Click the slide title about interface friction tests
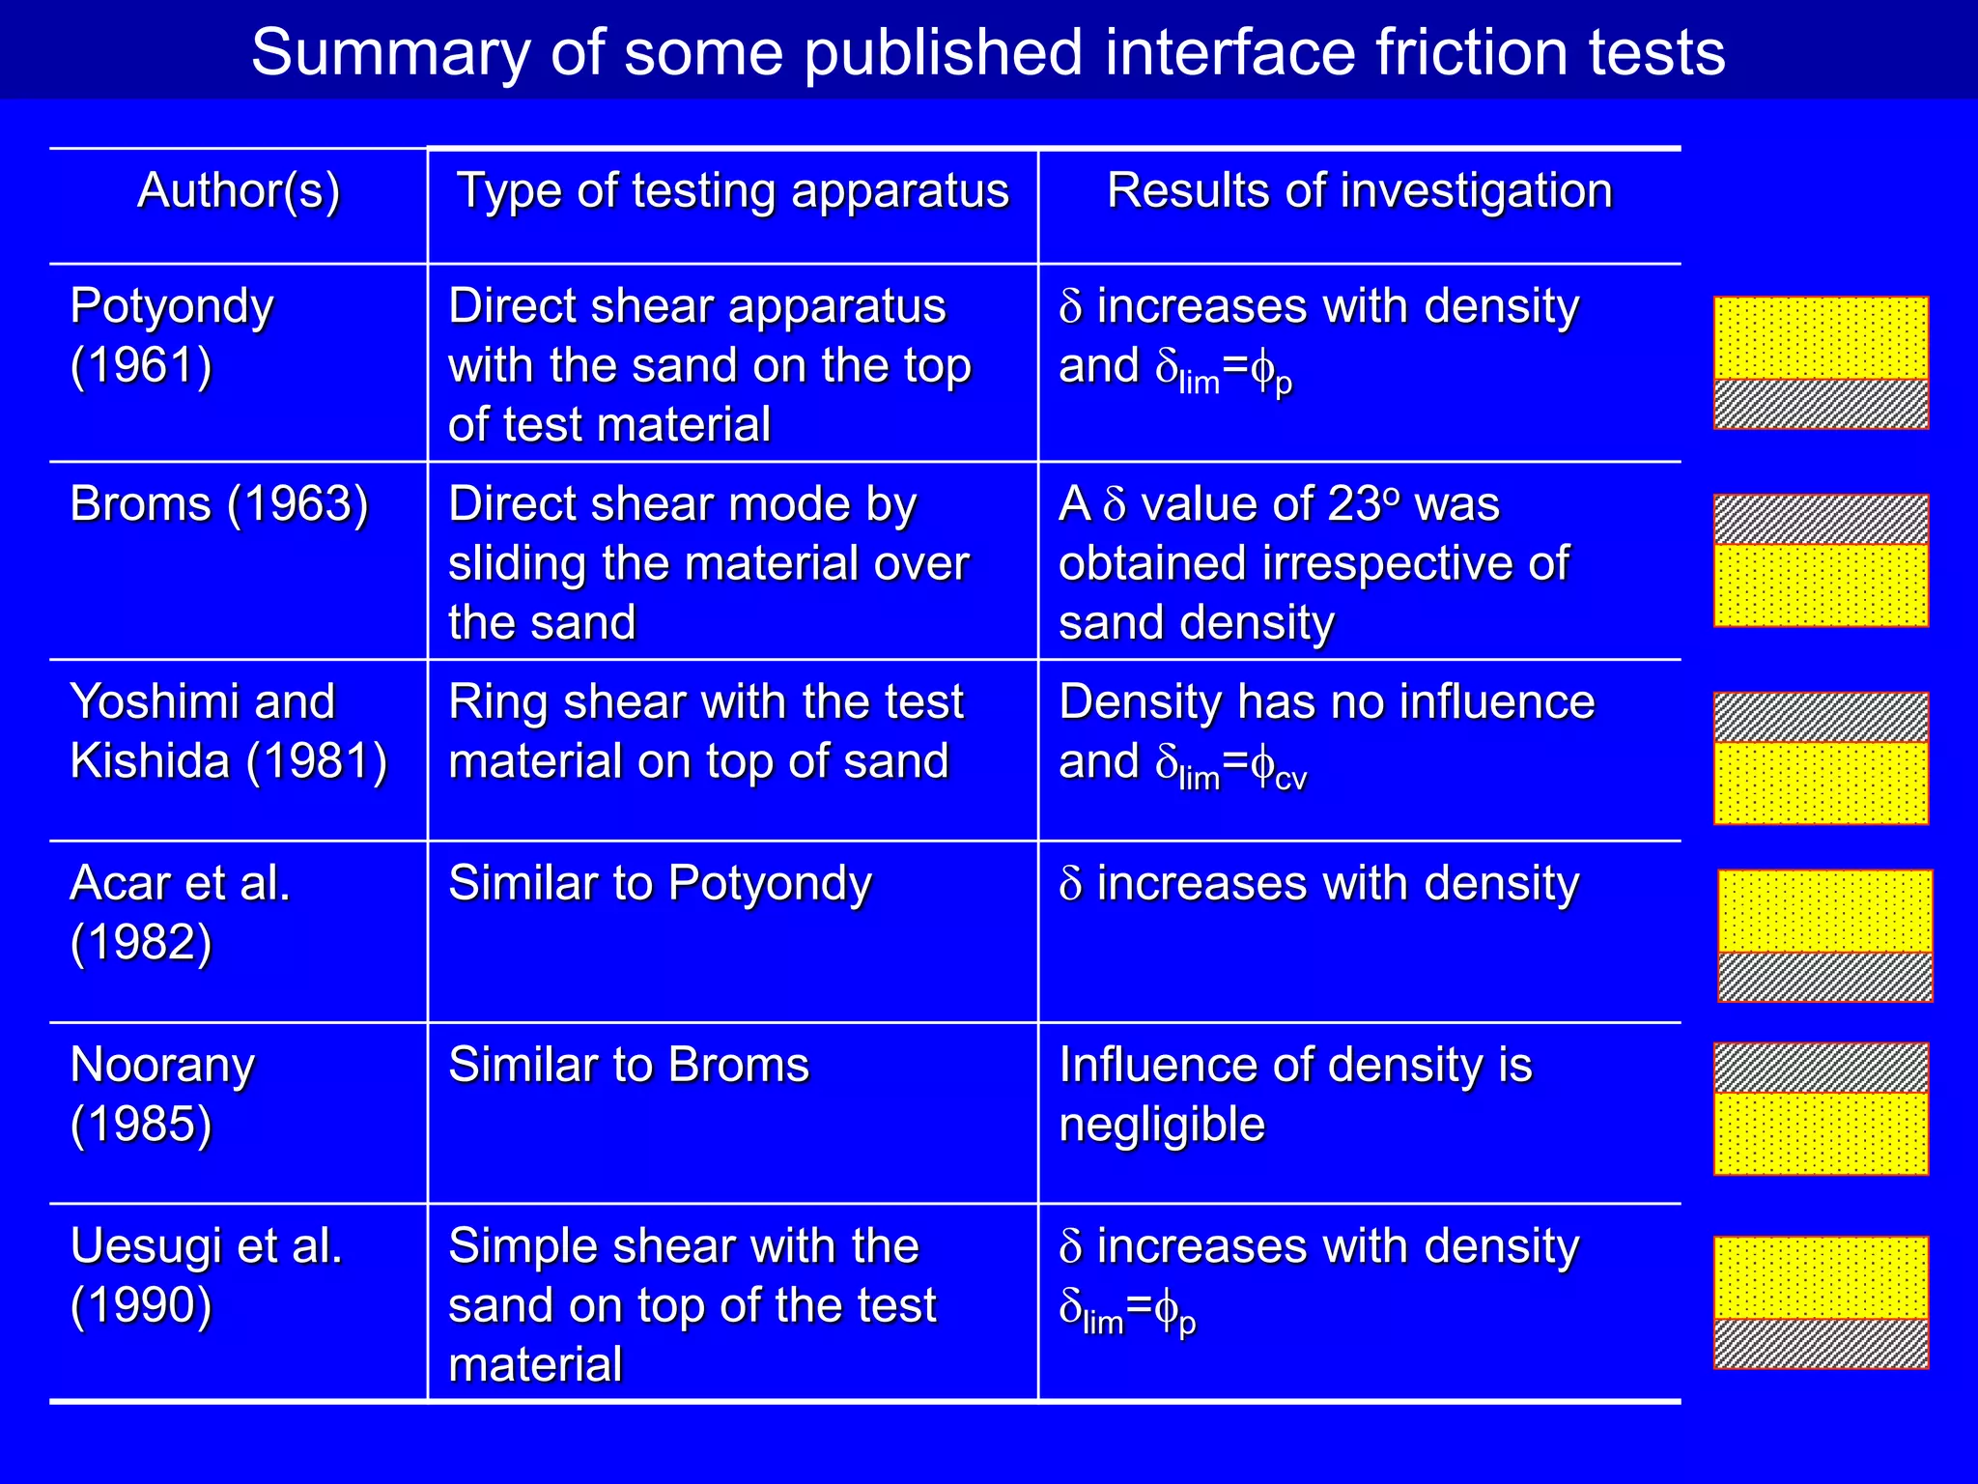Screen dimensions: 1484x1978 coord(988,51)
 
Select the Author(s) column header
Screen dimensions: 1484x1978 coord(239,190)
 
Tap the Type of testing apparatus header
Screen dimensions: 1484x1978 coord(732,190)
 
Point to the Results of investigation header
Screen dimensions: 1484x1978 coord(1359,190)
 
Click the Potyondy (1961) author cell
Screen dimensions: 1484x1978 coord(172,335)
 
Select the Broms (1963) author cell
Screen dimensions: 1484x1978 coord(219,504)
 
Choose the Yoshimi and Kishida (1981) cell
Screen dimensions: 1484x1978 coord(228,731)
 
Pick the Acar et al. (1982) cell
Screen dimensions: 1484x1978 coord(180,912)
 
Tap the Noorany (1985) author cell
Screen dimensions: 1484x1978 coord(162,1094)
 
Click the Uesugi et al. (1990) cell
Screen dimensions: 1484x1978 coord(206,1275)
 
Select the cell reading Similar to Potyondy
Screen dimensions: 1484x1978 coord(660,883)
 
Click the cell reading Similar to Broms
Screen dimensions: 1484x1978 coord(629,1065)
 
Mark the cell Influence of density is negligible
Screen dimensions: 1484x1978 coord(1295,1094)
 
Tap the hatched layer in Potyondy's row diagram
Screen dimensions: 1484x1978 coord(1821,404)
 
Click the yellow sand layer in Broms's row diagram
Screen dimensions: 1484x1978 coord(1821,585)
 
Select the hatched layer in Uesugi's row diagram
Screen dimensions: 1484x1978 coord(1821,1344)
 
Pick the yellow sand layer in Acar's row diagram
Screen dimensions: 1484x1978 coord(1824,911)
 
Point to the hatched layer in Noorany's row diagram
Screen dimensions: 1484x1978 coord(1821,1068)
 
